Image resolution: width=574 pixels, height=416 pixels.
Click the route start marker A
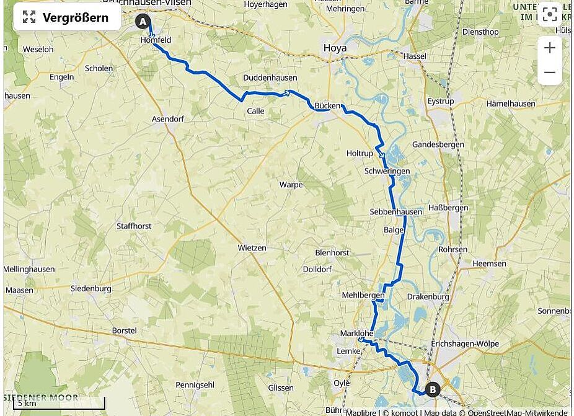[143, 22]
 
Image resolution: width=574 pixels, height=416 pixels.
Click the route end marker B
[433, 389]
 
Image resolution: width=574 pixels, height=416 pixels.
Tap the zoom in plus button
[549, 48]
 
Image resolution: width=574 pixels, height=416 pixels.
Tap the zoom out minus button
[549, 73]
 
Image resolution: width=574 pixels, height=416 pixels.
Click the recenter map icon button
[549, 15]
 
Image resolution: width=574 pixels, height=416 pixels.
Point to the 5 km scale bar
[60, 403]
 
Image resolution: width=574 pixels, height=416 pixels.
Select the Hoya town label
[335, 48]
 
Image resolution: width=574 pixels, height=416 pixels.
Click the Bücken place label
[327, 105]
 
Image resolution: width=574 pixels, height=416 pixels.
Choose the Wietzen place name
[252, 247]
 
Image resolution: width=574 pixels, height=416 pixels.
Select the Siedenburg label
[91, 288]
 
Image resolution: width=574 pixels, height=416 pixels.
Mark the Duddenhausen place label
[270, 78]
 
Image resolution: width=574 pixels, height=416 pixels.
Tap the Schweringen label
[387, 171]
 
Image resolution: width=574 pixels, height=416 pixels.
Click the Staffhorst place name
[134, 226]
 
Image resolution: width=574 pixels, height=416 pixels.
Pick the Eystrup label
[441, 101]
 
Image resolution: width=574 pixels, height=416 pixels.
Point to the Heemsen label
[489, 263]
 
